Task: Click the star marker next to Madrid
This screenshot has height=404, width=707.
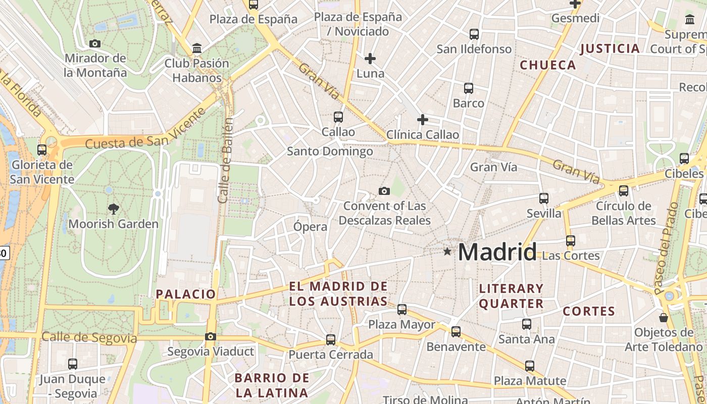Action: coord(447,251)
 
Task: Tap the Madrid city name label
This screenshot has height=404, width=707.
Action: coord(497,251)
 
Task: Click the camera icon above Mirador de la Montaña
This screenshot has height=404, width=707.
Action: coord(95,44)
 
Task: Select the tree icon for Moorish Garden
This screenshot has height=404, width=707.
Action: coord(114,209)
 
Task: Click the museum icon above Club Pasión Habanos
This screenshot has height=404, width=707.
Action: coord(197,48)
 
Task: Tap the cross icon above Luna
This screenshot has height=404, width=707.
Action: coord(370,59)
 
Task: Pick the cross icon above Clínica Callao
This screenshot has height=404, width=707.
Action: coord(423,120)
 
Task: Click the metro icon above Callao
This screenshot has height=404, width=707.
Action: coord(338,117)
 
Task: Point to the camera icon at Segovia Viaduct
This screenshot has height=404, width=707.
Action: coord(211,336)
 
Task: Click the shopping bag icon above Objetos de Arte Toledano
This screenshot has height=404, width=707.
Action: coord(664,318)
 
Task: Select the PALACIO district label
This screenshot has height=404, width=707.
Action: coord(186,294)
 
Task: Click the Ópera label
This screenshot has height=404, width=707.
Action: coord(310,227)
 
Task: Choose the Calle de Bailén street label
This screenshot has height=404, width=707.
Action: coord(226,161)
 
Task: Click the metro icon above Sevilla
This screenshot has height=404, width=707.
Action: coord(544,198)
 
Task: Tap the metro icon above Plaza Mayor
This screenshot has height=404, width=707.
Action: coord(402,310)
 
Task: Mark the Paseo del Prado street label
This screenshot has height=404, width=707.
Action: coord(667,248)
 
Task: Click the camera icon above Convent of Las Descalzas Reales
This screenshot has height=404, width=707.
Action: coord(384,191)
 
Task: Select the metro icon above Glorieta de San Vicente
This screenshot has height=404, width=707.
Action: coord(42,150)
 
